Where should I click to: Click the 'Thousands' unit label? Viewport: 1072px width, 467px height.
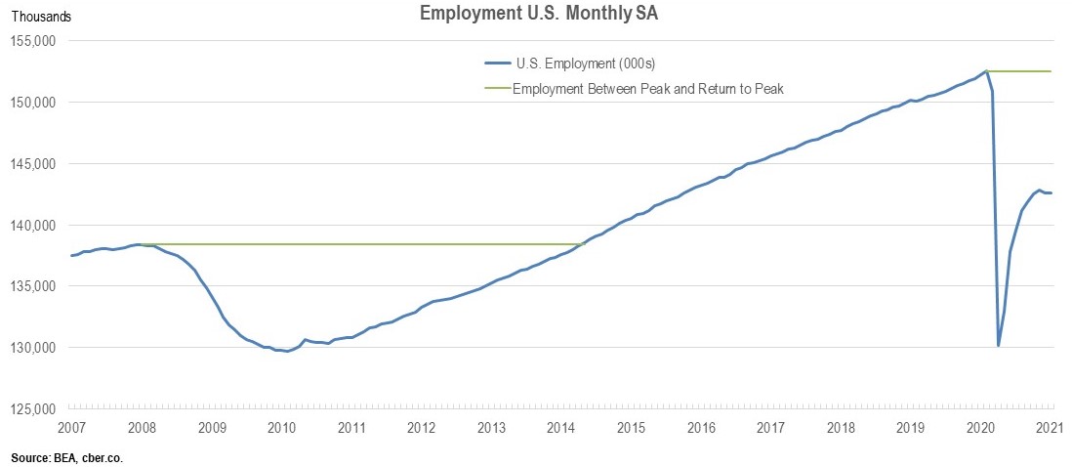click(40, 17)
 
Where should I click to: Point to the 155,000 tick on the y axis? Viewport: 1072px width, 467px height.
click(34, 41)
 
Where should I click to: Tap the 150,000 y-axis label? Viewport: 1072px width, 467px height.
click(34, 103)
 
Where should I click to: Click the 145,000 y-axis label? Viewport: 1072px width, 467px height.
click(34, 164)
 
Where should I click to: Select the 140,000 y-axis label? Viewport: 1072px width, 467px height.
click(34, 225)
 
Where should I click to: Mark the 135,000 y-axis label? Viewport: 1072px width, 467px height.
click(34, 286)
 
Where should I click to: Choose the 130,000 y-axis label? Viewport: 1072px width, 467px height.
click(34, 348)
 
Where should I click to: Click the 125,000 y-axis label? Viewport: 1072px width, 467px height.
click(34, 408)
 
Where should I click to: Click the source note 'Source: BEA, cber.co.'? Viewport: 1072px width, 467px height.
click(68, 457)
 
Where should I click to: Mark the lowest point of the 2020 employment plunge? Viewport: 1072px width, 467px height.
click(998, 345)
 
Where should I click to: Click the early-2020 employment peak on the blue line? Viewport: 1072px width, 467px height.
click(986, 71)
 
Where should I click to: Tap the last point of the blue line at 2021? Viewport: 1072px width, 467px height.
click(1051, 192)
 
